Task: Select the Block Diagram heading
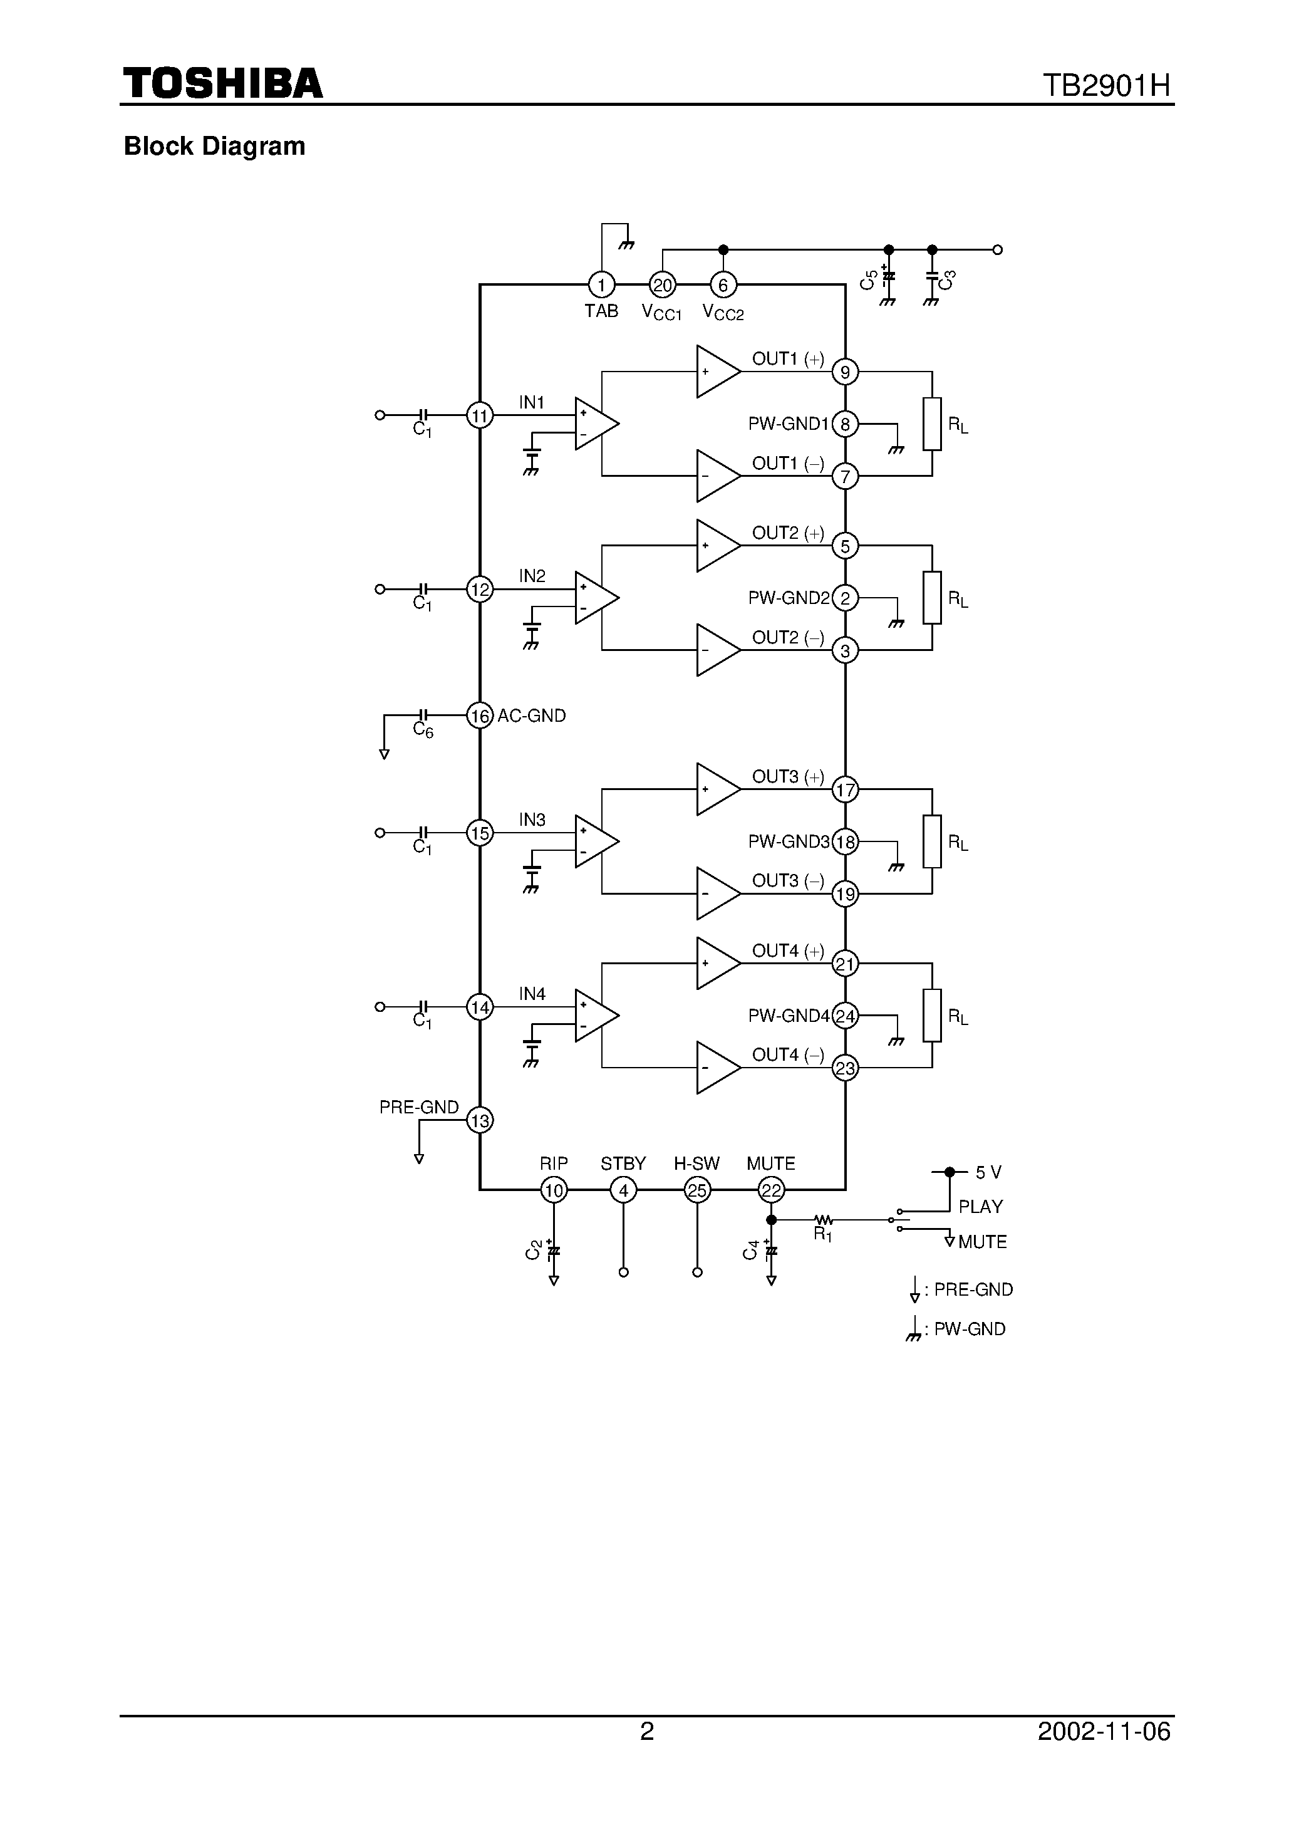(x=215, y=146)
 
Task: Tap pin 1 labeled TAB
(x=601, y=285)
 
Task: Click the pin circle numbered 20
(x=662, y=285)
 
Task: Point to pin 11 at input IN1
(x=480, y=416)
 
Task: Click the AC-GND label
(x=531, y=716)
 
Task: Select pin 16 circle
(x=480, y=716)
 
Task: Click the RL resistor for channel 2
(x=932, y=598)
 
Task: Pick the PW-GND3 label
(x=788, y=842)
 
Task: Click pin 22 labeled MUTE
(x=770, y=1190)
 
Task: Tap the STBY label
(x=623, y=1163)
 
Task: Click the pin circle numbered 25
(x=697, y=1190)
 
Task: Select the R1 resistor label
(x=822, y=1235)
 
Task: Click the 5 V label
(x=988, y=1172)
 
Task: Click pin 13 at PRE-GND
(x=480, y=1120)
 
